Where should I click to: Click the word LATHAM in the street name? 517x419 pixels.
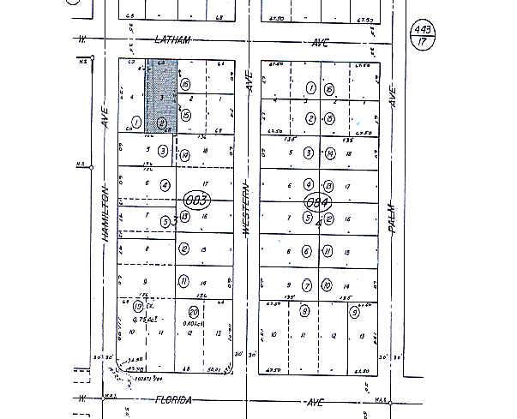click(173, 40)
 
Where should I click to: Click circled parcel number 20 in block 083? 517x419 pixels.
click(193, 312)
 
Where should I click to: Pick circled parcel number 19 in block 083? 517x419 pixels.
click(137, 306)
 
